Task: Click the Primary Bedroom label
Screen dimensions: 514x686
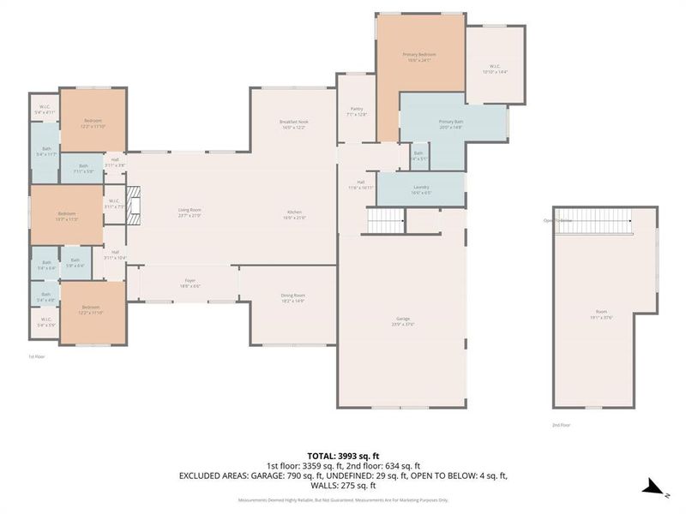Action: [420, 57]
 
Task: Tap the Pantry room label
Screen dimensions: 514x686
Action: [356, 111]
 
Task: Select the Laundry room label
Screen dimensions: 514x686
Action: [421, 189]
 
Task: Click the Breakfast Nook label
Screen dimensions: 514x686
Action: [293, 125]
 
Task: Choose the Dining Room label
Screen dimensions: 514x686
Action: [292, 299]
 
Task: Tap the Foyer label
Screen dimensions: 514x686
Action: [190, 283]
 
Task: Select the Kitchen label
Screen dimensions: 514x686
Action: [293, 214]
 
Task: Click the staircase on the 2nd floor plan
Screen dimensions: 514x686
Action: [593, 223]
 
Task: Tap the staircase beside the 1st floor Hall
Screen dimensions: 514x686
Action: [385, 222]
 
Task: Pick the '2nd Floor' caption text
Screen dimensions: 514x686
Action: [562, 424]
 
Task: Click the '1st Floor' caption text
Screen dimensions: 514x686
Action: [35, 356]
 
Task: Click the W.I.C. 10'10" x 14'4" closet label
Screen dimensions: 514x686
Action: [496, 69]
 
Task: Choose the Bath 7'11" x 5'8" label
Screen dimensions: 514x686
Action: [83, 168]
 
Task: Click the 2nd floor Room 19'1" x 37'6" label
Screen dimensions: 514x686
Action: [606, 314]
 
